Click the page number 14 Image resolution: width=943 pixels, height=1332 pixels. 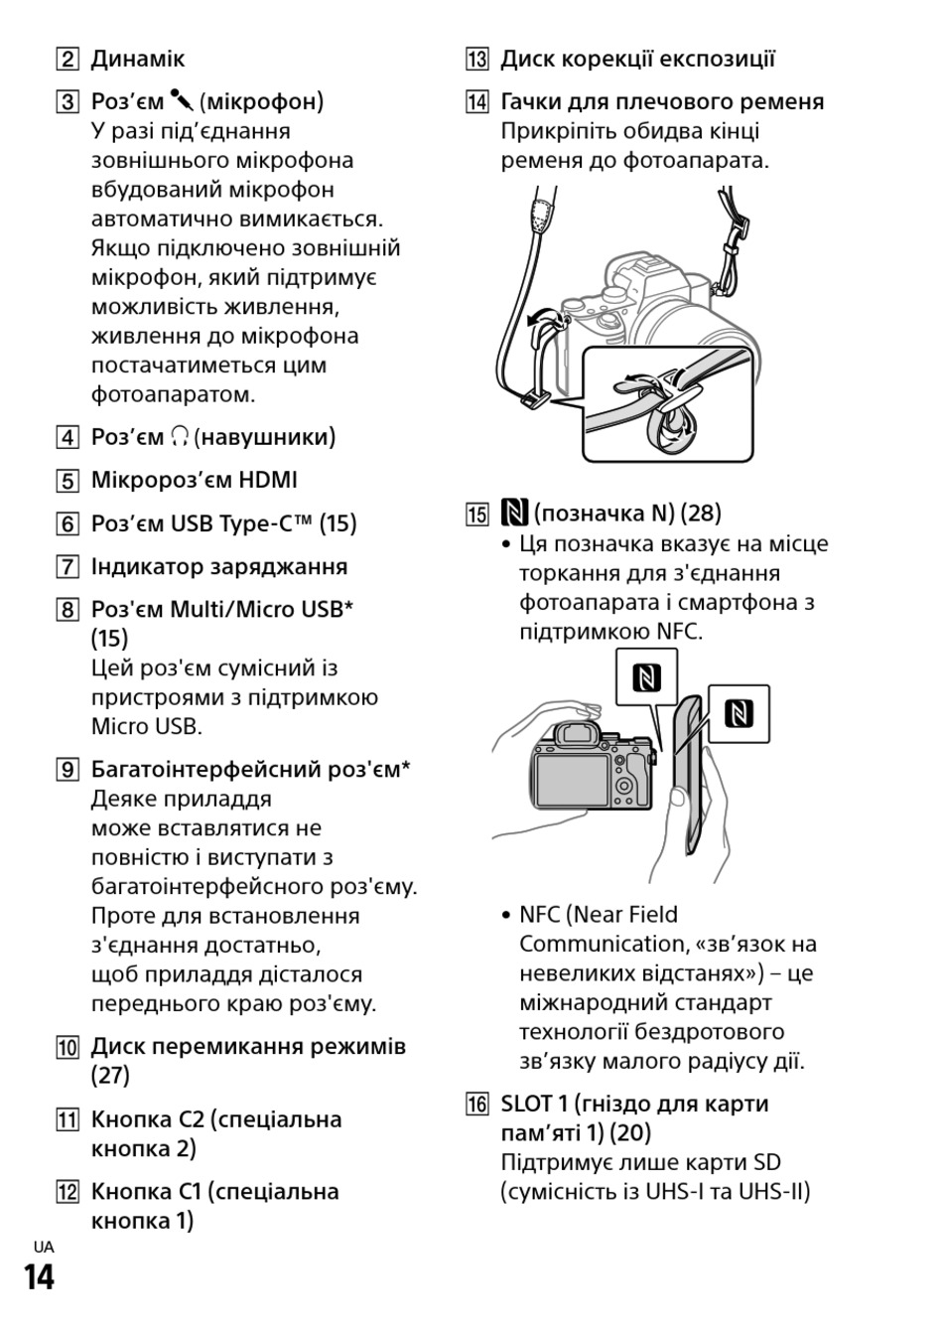point(40,1276)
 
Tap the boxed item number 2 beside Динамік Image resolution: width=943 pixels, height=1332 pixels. point(67,60)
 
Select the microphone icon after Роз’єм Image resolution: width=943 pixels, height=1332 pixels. point(182,101)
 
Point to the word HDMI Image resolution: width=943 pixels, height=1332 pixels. point(268,481)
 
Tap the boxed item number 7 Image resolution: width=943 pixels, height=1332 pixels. point(67,567)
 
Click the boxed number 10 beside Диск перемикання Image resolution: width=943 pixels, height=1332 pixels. point(67,1047)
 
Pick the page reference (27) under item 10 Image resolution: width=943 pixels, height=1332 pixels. point(110,1076)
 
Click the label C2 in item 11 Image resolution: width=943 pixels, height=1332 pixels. point(192,1119)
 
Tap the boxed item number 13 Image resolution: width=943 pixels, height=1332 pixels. point(476,60)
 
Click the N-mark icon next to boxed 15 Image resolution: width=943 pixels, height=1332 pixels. point(514,514)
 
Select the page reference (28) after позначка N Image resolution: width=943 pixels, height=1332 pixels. point(701,514)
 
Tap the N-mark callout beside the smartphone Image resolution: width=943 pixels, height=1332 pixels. point(739,713)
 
